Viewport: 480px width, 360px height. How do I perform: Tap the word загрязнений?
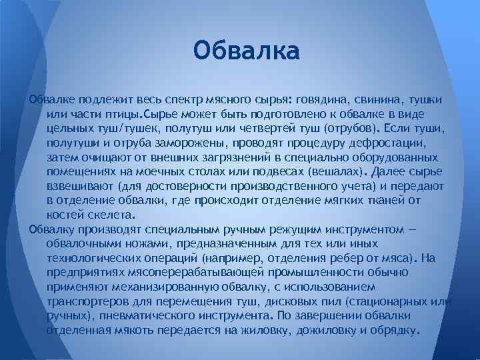tap(209, 157)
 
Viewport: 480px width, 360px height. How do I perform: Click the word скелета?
tap(112, 215)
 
